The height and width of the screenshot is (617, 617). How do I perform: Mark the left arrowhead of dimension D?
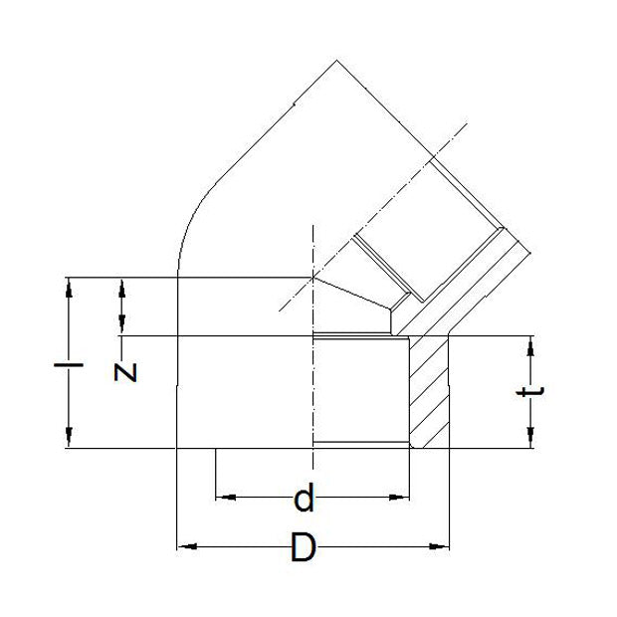pos(183,545)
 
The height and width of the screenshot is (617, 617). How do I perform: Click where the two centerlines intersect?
pos(312,277)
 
